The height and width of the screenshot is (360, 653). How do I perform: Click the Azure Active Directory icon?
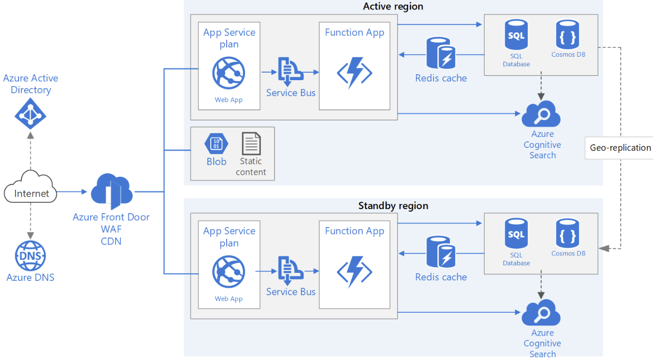click(30, 113)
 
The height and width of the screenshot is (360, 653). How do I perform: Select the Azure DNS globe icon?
click(30, 256)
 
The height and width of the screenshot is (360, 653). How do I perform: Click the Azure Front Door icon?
click(112, 192)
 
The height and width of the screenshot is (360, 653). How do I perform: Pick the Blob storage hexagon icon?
click(216, 144)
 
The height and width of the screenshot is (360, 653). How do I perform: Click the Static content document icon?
click(251, 144)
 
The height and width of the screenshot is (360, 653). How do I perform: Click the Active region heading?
click(393, 6)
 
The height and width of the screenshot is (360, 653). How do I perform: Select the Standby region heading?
click(393, 206)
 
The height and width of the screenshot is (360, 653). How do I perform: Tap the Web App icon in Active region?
click(229, 73)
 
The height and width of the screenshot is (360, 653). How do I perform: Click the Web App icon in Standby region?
click(229, 271)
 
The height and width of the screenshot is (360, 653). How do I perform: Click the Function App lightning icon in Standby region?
click(355, 271)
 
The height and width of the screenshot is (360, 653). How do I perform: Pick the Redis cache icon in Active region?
click(441, 53)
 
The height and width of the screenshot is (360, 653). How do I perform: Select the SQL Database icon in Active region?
click(516, 36)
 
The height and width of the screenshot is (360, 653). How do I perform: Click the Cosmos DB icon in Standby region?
click(568, 235)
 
